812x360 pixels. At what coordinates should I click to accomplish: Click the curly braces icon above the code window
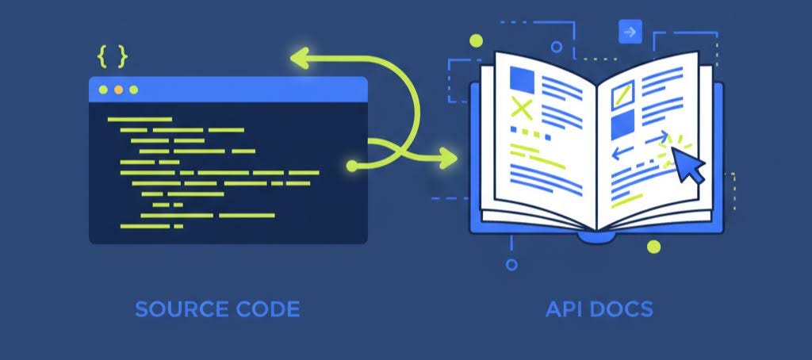[112, 56]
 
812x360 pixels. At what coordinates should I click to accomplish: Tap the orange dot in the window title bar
[118, 90]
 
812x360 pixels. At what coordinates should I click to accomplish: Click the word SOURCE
[175, 308]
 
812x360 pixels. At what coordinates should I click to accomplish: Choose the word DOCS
[622, 308]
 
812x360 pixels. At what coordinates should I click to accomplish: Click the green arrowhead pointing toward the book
[449, 157]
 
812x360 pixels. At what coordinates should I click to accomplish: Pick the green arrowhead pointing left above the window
[301, 57]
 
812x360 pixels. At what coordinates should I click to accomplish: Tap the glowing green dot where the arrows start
[352, 166]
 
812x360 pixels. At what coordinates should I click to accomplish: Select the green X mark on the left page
[521, 106]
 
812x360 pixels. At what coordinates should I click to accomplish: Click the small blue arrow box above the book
[630, 32]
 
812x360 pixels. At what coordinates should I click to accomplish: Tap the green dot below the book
[653, 247]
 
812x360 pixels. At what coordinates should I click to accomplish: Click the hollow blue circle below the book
[511, 265]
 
